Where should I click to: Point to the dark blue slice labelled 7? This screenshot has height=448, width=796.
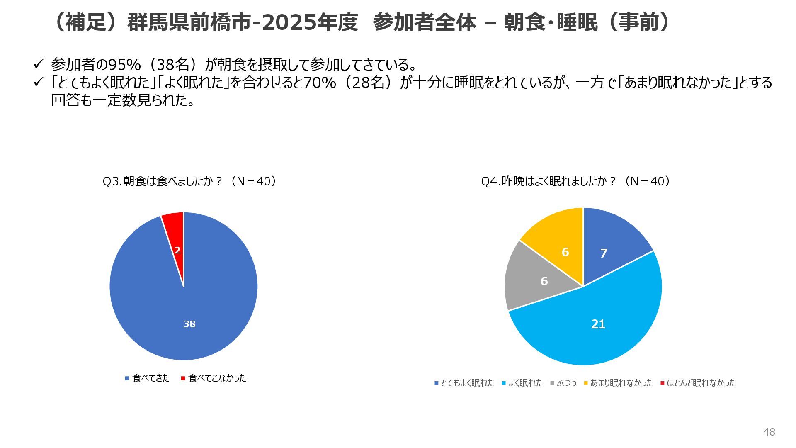[x=609, y=245]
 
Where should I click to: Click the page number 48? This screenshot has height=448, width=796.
[x=769, y=432]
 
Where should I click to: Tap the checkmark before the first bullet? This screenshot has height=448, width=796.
[x=38, y=64]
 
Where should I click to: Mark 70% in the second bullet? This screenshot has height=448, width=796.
[x=320, y=83]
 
